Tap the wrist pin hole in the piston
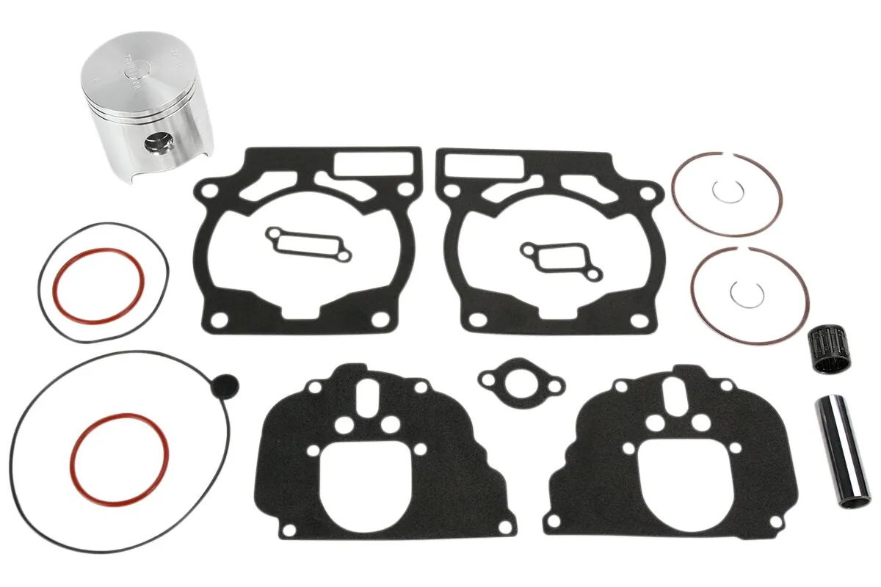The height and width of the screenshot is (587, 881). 157,142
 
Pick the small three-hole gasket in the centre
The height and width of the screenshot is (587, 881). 521,382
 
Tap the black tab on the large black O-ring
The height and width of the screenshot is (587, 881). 225,383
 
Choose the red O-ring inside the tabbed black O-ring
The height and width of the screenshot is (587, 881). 120,458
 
